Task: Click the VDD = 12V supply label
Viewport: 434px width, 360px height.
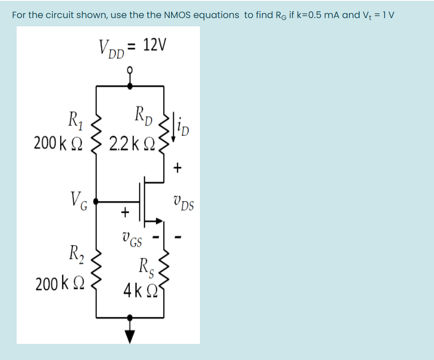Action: point(132,47)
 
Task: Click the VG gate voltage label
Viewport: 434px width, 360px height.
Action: point(78,200)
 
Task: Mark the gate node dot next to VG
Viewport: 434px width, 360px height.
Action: point(96,200)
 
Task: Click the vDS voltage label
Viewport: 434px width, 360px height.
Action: point(183,202)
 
